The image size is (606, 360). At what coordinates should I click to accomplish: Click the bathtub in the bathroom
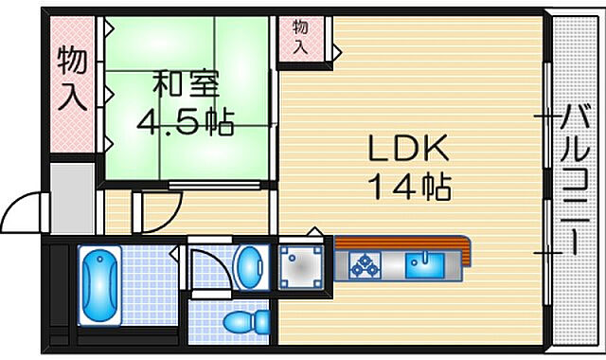tap(97, 283)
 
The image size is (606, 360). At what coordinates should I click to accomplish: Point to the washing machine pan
tap(299, 269)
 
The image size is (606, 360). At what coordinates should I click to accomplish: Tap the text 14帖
tap(410, 187)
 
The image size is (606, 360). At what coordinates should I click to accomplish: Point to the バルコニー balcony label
tap(574, 180)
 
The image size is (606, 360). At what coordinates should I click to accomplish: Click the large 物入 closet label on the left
tap(73, 81)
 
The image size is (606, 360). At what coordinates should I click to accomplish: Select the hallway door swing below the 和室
tap(157, 213)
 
